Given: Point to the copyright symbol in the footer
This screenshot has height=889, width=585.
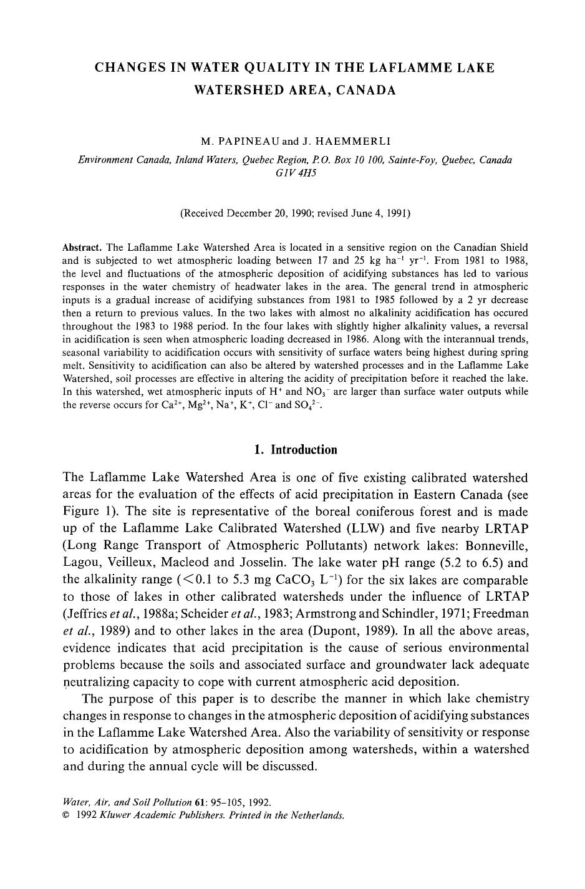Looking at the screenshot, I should [x=66, y=815].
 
